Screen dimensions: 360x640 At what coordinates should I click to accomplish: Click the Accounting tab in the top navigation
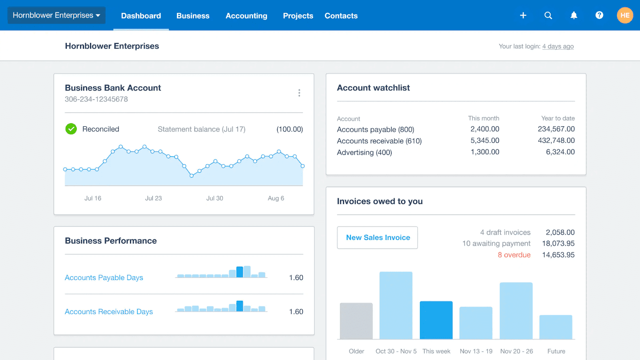click(246, 16)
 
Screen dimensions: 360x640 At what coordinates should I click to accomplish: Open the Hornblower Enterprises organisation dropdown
click(56, 16)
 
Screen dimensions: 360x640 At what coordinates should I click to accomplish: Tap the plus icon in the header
click(523, 16)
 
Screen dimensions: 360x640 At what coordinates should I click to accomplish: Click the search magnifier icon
click(548, 16)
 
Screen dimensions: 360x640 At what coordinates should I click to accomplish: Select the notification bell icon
click(574, 16)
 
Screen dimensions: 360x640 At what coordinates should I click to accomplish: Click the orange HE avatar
click(624, 16)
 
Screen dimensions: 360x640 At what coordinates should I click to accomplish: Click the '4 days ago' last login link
click(558, 46)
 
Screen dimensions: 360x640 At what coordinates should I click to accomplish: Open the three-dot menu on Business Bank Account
click(299, 93)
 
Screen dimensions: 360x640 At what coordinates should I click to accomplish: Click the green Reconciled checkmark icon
click(71, 129)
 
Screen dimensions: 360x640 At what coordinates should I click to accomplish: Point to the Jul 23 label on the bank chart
click(153, 198)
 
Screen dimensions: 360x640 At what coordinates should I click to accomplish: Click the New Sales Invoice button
click(377, 238)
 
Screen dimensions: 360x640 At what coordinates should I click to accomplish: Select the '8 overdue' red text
click(514, 255)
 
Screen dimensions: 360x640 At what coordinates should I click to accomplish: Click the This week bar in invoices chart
click(436, 320)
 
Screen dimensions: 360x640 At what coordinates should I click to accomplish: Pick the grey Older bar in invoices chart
click(356, 321)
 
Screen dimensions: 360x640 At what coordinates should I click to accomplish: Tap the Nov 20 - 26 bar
click(516, 311)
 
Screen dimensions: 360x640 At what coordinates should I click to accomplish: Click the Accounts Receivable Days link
click(109, 312)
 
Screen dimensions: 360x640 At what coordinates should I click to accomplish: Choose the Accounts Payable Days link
click(104, 278)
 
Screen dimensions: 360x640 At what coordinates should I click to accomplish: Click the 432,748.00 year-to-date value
click(556, 141)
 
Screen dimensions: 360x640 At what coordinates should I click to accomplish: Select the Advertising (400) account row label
click(364, 152)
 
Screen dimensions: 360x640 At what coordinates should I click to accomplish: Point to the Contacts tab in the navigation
click(341, 16)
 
